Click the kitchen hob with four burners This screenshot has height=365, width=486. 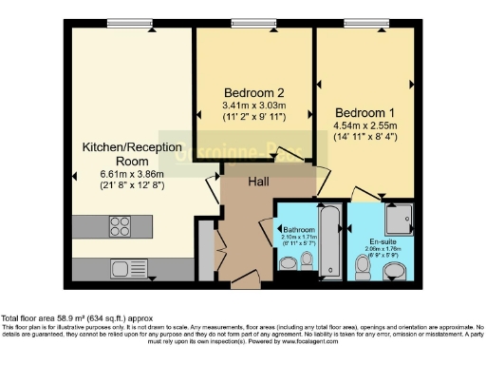121,226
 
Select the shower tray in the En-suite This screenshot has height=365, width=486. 399,219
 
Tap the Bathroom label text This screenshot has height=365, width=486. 297,229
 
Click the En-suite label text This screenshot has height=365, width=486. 383,241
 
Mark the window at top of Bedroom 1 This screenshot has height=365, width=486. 363,23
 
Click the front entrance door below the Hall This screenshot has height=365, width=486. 245,281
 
